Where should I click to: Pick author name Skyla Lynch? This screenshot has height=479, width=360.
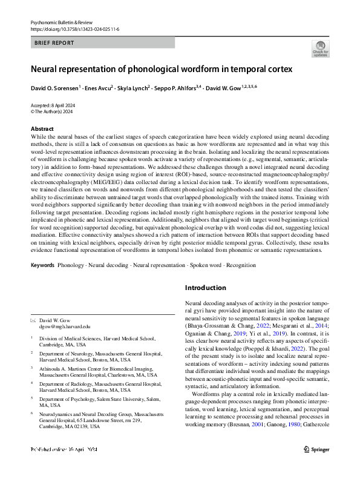(134, 88)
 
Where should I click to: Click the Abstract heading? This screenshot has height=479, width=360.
(42, 129)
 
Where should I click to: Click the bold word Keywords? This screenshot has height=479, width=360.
(42, 265)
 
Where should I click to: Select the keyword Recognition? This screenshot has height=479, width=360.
(241, 265)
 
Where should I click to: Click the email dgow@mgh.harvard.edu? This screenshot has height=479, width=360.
(64, 326)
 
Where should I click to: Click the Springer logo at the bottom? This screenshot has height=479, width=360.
(316, 466)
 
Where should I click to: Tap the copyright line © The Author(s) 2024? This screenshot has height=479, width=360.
(51, 111)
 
